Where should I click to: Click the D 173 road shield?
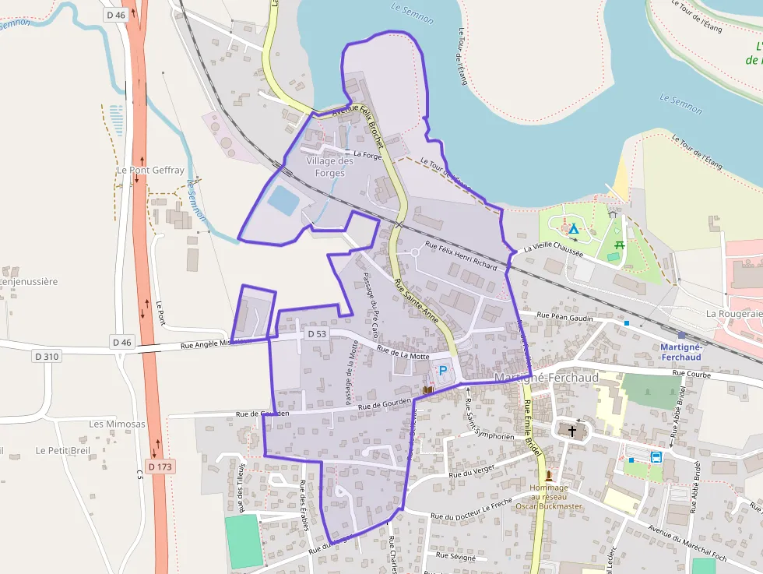160,467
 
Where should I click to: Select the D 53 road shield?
315,333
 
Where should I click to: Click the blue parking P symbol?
444,371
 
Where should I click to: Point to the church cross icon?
572,430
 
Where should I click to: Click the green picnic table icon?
620,245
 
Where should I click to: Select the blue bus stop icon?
656,457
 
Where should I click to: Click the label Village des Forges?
330,167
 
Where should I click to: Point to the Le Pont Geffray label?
150,170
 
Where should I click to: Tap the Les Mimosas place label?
117,424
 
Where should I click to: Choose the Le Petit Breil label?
63,450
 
